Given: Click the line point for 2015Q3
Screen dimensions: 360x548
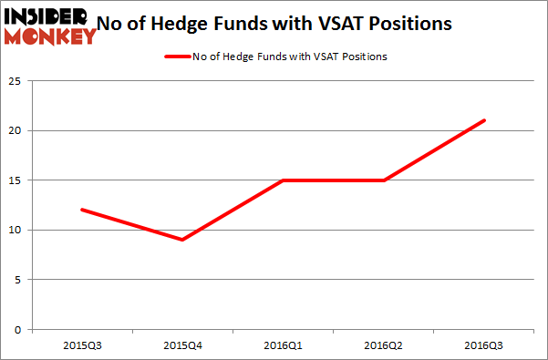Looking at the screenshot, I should (83, 210).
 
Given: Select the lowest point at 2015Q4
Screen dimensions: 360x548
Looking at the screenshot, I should (182, 240).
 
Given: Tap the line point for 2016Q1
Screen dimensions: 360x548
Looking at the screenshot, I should (283, 180).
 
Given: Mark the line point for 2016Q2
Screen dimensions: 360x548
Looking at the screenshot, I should (383, 180).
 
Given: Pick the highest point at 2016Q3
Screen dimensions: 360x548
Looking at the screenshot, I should (483, 120).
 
